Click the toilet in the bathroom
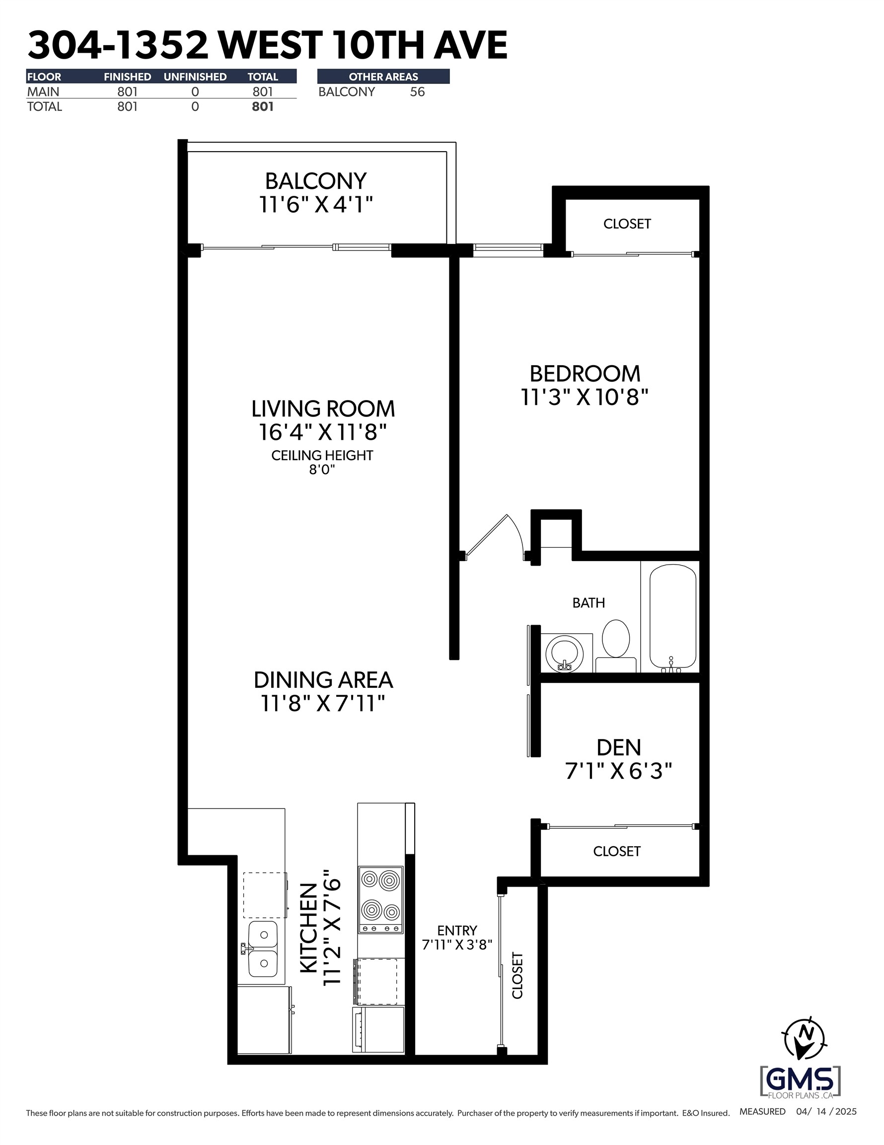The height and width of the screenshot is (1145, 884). click(x=615, y=643)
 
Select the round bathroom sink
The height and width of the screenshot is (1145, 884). click(x=564, y=653)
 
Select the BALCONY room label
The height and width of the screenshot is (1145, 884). click(x=315, y=181)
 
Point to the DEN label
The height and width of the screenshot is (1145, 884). click(x=618, y=747)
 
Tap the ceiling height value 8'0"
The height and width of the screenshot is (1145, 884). click(x=322, y=469)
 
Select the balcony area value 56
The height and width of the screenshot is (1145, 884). click(x=417, y=92)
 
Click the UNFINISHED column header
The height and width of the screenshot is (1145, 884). click(x=195, y=77)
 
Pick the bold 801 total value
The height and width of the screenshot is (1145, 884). click(x=263, y=107)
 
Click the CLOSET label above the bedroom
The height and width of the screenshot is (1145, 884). click(x=627, y=224)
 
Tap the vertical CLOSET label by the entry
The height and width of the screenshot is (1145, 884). click(x=517, y=976)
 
